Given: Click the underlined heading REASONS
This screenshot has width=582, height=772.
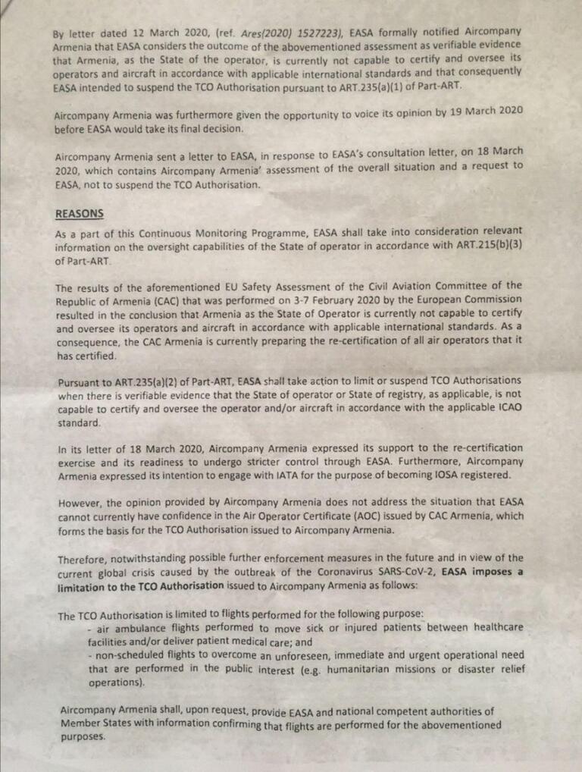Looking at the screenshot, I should pyautogui.click(x=79, y=215).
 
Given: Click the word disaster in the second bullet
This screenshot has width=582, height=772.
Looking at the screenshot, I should pyautogui.click(x=474, y=668).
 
